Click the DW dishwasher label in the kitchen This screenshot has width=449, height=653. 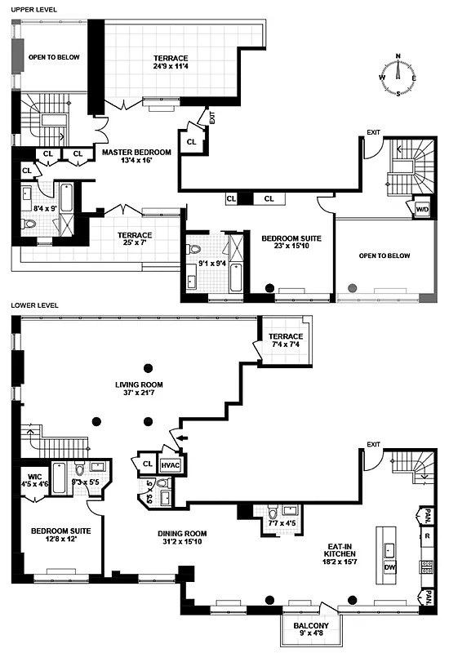click(390, 566)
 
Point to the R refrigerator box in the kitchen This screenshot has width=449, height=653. click(426, 537)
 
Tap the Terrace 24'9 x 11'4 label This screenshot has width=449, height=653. click(171, 63)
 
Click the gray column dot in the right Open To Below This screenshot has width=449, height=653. click(353, 287)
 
